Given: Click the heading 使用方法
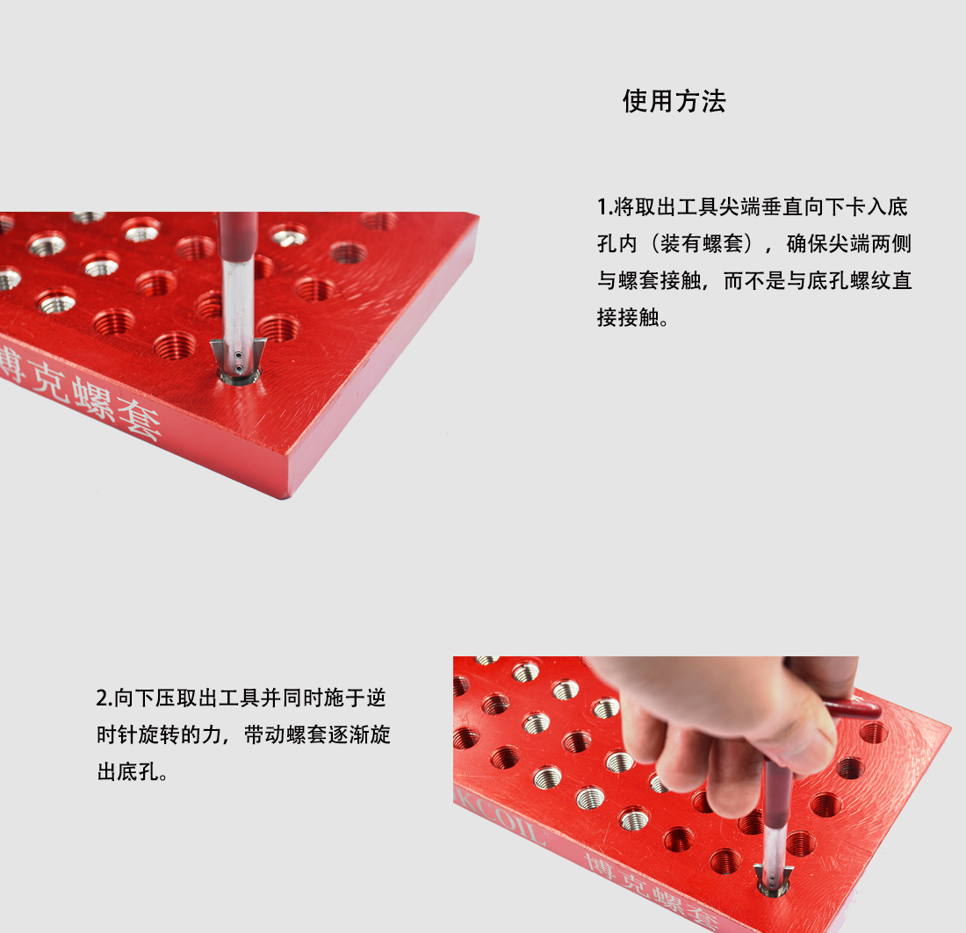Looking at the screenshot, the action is pyautogui.click(x=674, y=101).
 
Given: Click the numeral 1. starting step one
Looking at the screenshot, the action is pyautogui.click(x=604, y=207).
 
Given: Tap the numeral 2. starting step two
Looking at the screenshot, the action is pyautogui.click(x=105, y=698).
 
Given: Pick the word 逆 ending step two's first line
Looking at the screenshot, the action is pyautogui.click(x=377, y=698).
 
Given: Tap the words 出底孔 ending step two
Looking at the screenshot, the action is pyautogui.click(x=128, y=771).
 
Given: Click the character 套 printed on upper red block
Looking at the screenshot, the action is pyautogui.click(x=140, y=418).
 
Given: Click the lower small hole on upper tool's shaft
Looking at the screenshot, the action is pyautogui.click(x=238, y=368).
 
